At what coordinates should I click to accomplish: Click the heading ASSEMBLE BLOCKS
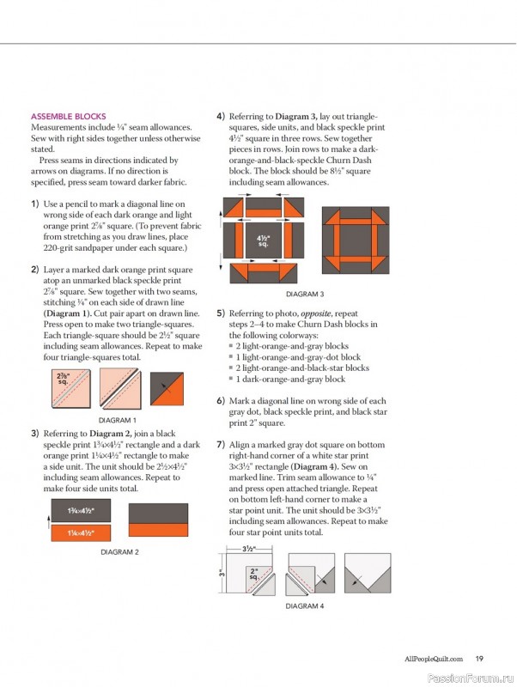tap(68, 116)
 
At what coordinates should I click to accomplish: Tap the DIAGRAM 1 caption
tap(118, 420)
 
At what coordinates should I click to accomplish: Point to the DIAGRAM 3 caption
tap(305, 294)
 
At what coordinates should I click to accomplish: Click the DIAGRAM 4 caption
tap(305, 605)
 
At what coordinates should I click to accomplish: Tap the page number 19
tap(479, 659)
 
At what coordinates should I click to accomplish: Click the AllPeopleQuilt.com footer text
tap(434, 659)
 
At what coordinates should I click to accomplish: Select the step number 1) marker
tap(34, 204)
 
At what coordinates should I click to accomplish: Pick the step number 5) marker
tap(221, 314)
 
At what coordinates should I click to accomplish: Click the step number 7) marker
tap(221, 444)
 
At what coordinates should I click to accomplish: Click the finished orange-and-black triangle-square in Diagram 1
tap(167, 390)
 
